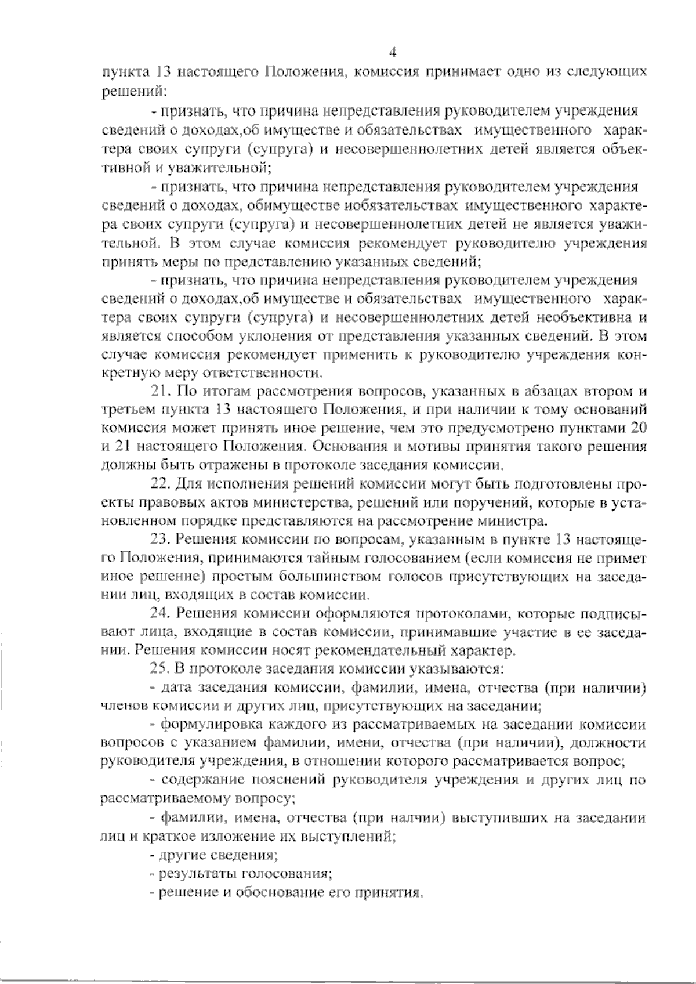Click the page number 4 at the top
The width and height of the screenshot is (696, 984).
[393, 53]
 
